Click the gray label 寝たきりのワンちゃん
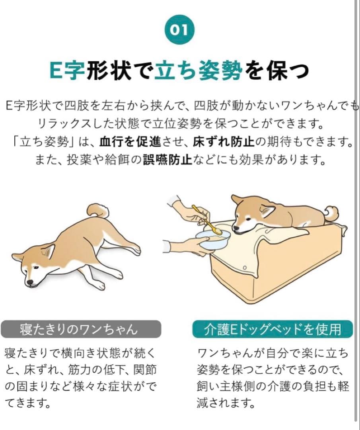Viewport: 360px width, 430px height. coord(81,330)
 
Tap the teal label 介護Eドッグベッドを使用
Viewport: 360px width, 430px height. coord(272,330)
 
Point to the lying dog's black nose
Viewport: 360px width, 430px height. coord(29,283)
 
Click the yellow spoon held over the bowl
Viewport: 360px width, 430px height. coord(207,221)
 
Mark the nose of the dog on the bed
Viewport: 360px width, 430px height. coord(236,230)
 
